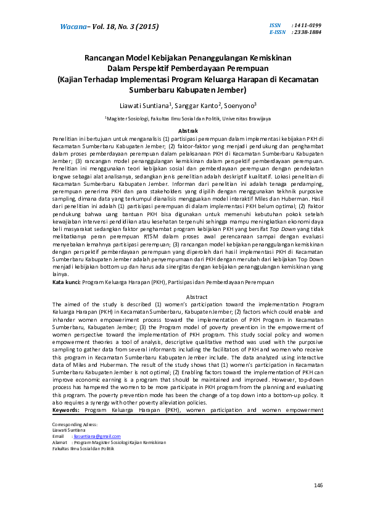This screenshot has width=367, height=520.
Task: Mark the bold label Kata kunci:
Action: pyautogui.click(x=67, y=282)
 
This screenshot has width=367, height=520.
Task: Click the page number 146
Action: pyautogui.click(x=318, y=486)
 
